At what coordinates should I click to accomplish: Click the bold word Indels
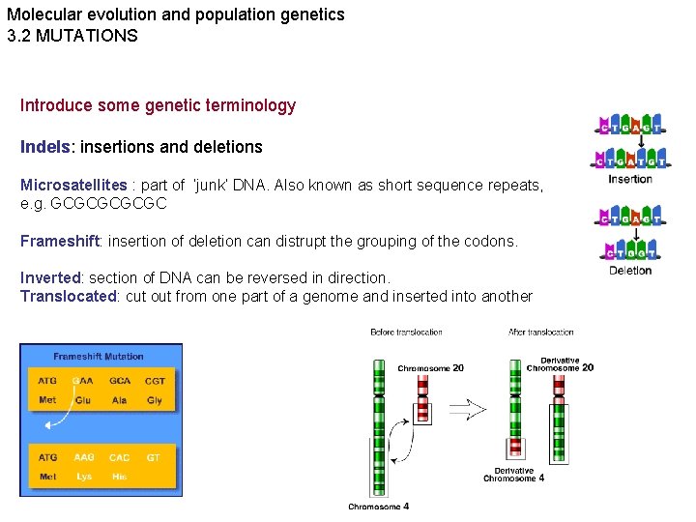44,147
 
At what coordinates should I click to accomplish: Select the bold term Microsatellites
73,185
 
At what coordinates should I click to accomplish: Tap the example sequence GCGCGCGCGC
93,204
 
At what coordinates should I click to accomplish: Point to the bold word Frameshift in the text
58,241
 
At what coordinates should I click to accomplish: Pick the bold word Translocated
68,296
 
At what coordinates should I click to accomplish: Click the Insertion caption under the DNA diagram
630,179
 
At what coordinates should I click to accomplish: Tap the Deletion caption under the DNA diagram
630,271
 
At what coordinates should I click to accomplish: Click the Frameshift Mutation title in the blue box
99,356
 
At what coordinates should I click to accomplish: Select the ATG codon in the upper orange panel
47,381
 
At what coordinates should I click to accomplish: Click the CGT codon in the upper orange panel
155,381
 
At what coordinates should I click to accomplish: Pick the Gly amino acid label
155,400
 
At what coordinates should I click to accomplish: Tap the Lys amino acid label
84,477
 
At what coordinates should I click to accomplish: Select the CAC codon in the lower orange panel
120,457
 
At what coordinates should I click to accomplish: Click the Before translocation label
406,333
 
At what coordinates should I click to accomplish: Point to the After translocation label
541,333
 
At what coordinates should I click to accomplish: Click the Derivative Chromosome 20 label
560,363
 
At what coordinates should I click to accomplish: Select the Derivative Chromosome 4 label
513,475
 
